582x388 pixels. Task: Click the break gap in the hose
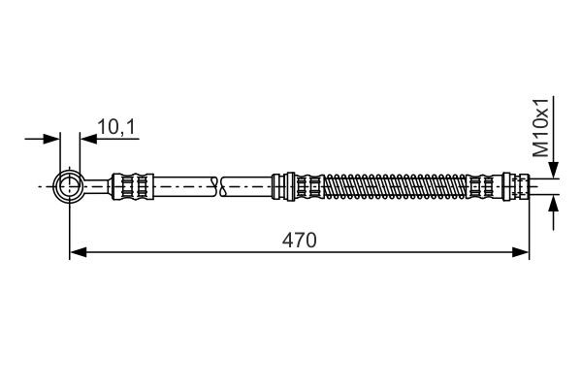click(217, 184)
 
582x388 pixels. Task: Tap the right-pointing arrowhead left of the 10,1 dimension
click(53, 140)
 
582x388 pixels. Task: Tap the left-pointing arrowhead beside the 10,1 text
click(87, 140)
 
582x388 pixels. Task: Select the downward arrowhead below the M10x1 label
click(554, 172)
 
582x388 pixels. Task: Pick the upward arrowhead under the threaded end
click(554, 201)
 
